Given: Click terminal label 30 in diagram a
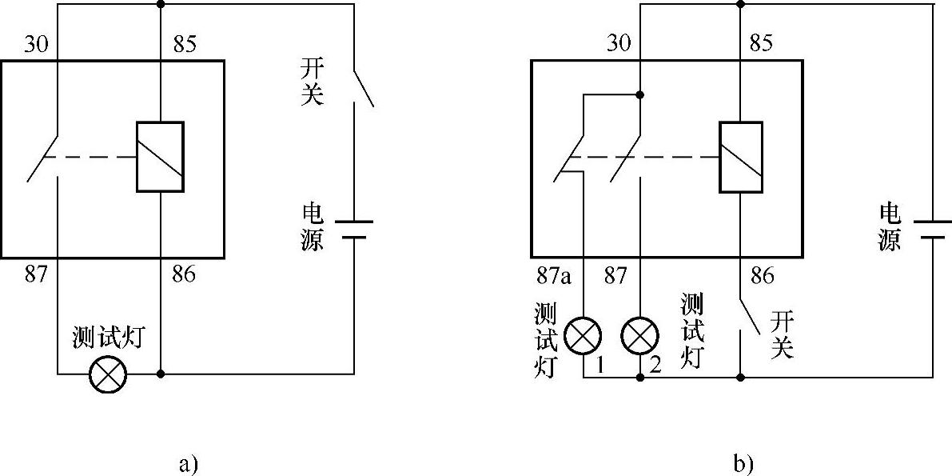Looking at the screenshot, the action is (x=36, y=44).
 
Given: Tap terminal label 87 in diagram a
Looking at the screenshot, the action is (x=36, y=275).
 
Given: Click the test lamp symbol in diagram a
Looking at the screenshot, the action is (x=108, y=374).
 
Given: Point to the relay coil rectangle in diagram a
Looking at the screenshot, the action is (x=160, y=157).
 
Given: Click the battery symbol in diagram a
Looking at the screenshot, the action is (x=353, y=229).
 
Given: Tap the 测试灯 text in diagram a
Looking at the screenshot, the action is (x=108, y=338).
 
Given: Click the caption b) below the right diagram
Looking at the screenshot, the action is (x=743, y=463).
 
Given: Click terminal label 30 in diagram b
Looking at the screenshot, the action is (x=619, y=44).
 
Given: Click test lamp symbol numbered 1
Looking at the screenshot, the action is (x=584, y=336).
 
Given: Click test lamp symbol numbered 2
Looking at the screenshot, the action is (x=640, y=336).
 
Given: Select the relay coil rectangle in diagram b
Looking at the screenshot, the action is (x=743, y=157).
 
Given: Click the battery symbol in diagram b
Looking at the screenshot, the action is (x=932, y=229).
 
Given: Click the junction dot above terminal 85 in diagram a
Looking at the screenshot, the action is (x=161, y=4).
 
